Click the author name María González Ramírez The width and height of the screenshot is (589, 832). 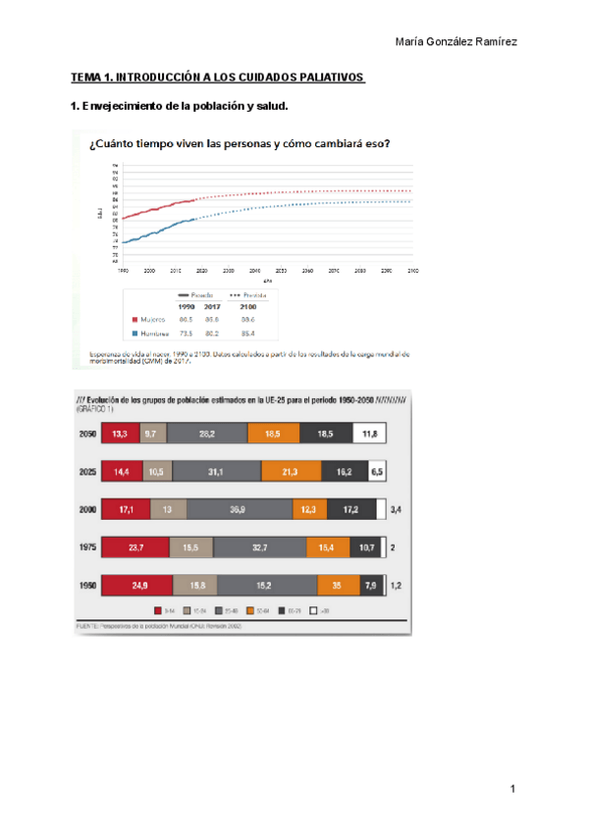tap(455, 41)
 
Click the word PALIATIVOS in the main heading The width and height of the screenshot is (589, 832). tap(330, 78)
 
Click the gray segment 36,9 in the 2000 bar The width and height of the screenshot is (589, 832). tap(238, 510)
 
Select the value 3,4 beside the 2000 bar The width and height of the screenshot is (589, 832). tap(397, 510)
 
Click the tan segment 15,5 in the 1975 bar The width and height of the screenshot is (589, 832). tap(189, 548)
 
